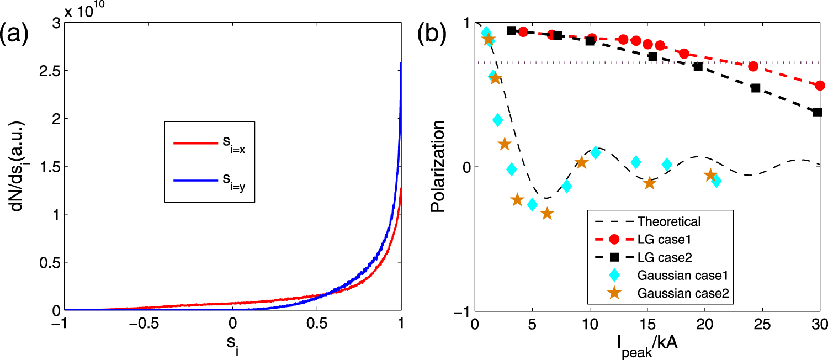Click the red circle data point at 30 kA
tap(820, 85)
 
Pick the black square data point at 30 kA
tap(818, 112)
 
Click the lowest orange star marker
tap(547, 213)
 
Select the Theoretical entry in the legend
tap(668, 222)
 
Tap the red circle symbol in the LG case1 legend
tap(615, 240)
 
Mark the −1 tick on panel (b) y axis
tap(462, 313)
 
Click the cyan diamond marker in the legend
tap(615, 276)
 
